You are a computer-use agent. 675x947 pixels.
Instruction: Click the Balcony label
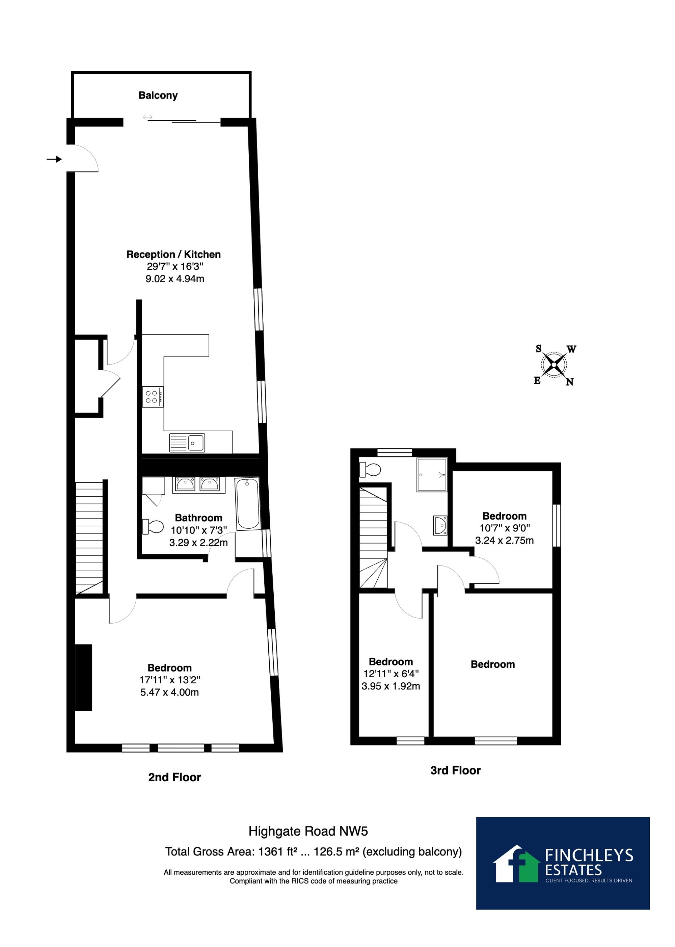pos(158,96)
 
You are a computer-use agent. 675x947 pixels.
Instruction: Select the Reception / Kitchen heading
pos(173,255)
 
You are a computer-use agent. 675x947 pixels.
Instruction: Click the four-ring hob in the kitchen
pos(153,397)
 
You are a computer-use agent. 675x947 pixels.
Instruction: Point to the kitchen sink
pos(187,443)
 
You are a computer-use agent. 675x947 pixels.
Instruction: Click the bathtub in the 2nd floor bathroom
pos(248,503)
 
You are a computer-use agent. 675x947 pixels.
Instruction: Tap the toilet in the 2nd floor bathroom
pos(153,526)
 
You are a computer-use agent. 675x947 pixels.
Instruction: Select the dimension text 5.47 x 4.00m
pos(169,692)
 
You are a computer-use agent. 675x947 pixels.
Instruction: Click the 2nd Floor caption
pos(174,778)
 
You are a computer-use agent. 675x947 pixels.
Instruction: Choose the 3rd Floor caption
pos(456,770)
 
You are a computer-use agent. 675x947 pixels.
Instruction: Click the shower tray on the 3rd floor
pos(432,475)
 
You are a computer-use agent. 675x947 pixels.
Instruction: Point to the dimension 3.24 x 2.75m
pos(505,541)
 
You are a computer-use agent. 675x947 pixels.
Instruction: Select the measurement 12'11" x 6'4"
pos(391,674)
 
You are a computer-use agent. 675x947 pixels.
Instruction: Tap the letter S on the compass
pos(539,349)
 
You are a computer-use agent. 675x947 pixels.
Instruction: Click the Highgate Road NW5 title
pos(308,832)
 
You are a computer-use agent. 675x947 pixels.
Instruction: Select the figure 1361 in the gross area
pos(271,852)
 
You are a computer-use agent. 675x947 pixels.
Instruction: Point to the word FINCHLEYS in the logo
pos(589,856)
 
